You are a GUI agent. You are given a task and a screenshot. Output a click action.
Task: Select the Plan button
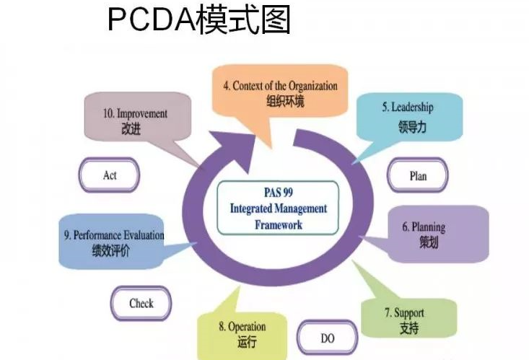[x=418, y=175]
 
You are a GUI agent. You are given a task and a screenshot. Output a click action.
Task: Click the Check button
[x=141, y=303]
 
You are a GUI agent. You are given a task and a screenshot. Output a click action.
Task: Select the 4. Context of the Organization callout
[x=280, y=93]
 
